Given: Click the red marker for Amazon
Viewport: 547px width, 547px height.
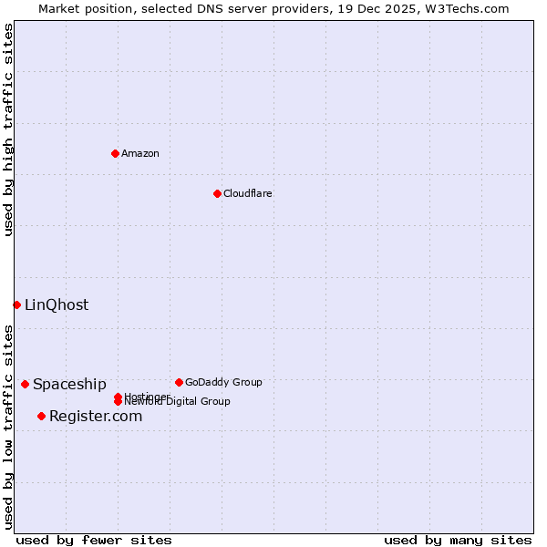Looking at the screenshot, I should click(x=115, y=153).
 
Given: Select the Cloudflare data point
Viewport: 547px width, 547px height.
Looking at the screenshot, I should click(x=217, y=193).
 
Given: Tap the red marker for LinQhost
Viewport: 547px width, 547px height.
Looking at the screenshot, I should click(x=16, y=304).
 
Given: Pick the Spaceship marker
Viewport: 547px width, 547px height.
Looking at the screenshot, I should click(x=25, y=384).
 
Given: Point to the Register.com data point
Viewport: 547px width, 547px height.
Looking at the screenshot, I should click(x=41, y=416).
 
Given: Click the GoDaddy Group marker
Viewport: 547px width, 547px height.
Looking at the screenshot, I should click(x=179, y=382).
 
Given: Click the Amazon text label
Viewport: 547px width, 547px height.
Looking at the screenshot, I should click(x=140, y=153).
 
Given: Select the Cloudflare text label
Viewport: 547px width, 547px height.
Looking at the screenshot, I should click(x=248, y=193).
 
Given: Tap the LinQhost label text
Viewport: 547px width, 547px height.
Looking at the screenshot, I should click(x=57, y=305).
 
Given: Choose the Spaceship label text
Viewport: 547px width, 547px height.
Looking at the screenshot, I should click(x=69, y=385).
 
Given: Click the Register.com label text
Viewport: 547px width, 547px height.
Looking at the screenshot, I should click(x=96, y=417).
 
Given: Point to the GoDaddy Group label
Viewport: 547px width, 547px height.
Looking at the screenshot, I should click(x=223, y=382).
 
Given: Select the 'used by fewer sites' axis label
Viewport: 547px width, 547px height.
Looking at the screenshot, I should click(x=94, y=540).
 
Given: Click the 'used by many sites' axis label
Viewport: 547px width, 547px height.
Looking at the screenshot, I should click(x=458, y=540).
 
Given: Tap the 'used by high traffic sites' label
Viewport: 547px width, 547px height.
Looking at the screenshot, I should click(x=8, y=129).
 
